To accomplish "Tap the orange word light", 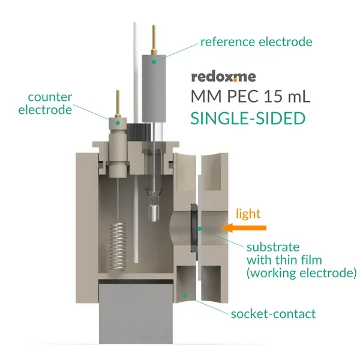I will [x=247, y=213].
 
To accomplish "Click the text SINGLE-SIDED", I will [x=248, y=118].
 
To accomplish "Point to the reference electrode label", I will [x=256, y=42].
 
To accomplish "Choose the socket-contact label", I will [x=273, y=314].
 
